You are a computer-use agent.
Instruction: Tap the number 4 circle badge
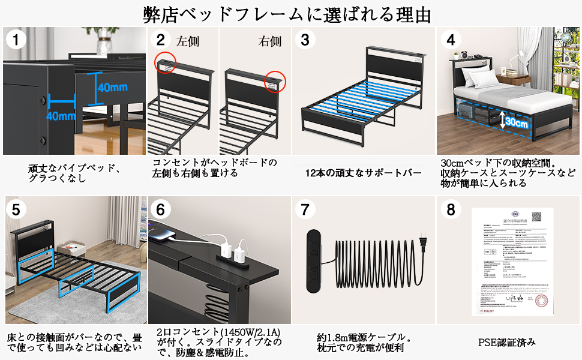click(451, 41)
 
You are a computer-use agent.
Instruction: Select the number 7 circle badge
click(307, 210)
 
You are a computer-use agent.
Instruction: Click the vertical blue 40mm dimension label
click(113, 87)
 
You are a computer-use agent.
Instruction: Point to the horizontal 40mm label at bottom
click(61, 116)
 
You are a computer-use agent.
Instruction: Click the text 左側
click(187, 41)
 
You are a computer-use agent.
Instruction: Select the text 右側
click(269, 41)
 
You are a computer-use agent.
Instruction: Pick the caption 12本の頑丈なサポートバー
click(364, 173)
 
